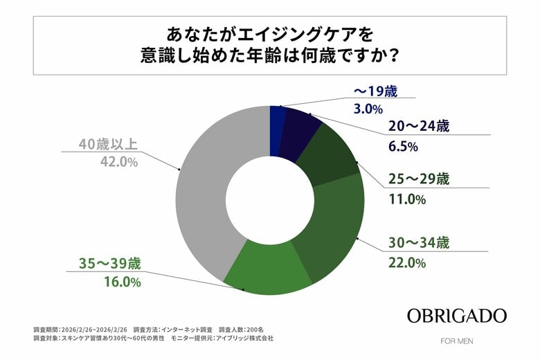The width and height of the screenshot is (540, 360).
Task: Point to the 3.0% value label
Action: click(369, 109)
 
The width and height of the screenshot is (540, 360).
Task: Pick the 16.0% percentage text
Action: click(115, 282)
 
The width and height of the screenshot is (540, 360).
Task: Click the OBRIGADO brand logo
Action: click(456, 316)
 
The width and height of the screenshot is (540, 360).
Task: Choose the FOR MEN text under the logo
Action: click(456, 341)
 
